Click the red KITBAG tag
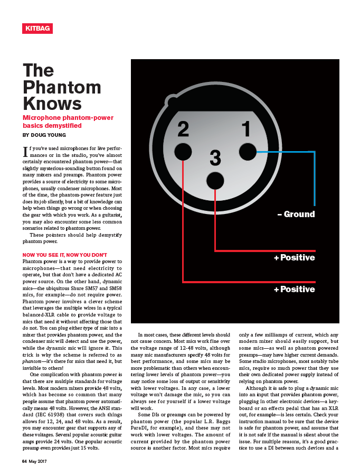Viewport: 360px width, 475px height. point(37,28)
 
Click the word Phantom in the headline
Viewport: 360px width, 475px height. point(62,87)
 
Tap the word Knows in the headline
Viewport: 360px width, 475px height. point(52,103)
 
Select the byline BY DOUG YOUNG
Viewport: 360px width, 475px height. point(44,135)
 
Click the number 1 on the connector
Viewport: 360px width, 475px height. point(246,128)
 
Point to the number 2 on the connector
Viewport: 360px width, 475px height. point(183,128)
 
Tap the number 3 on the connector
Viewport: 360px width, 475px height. point(215,157)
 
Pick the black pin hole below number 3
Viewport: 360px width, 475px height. point(215,181)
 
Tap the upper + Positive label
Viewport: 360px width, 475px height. point(294,258)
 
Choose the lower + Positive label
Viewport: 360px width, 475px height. point(294,290)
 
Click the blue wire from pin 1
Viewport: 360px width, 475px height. point(314,180)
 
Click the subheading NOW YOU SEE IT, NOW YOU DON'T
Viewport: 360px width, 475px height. point(65,255)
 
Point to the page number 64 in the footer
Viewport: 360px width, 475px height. point(25,461)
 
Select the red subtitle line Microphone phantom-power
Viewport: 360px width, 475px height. point(68,118)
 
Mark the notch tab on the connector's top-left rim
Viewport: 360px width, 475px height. point(172,100)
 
